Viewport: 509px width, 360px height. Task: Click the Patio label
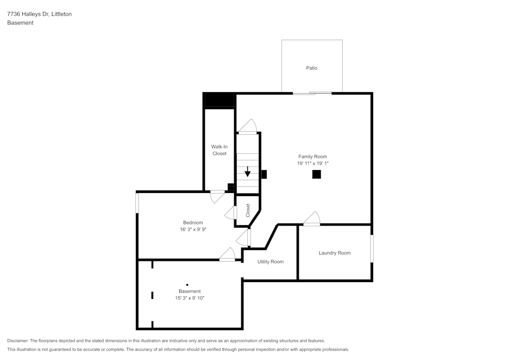(312, 68)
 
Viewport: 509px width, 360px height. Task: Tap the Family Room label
(313, 156)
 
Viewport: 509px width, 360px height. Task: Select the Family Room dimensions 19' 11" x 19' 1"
(313, 163)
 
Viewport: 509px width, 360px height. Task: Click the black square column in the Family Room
(317, 174)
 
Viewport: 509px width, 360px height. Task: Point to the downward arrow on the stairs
(248, 172)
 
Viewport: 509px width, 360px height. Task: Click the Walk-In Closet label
(219, 150)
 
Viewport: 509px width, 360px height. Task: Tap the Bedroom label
(193, 223)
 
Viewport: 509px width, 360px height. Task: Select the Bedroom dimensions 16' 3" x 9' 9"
(193, 230)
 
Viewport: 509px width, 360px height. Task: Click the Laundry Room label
(334, 253)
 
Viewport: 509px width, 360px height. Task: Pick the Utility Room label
(270, 262)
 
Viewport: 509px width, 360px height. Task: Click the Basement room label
(189, 291)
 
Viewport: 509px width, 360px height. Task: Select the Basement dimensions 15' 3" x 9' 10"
(189, 298)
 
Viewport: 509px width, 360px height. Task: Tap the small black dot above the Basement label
(187, 285)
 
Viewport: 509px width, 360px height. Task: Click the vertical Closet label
(248, 210)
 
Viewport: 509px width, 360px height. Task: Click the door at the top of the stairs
(248, 127)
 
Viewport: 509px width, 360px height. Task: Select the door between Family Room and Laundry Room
(312, 219)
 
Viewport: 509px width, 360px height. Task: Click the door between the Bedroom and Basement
(227, 255)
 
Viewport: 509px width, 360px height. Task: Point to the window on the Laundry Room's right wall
(372, 248)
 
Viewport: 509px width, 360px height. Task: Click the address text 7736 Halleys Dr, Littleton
(39, 14)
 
